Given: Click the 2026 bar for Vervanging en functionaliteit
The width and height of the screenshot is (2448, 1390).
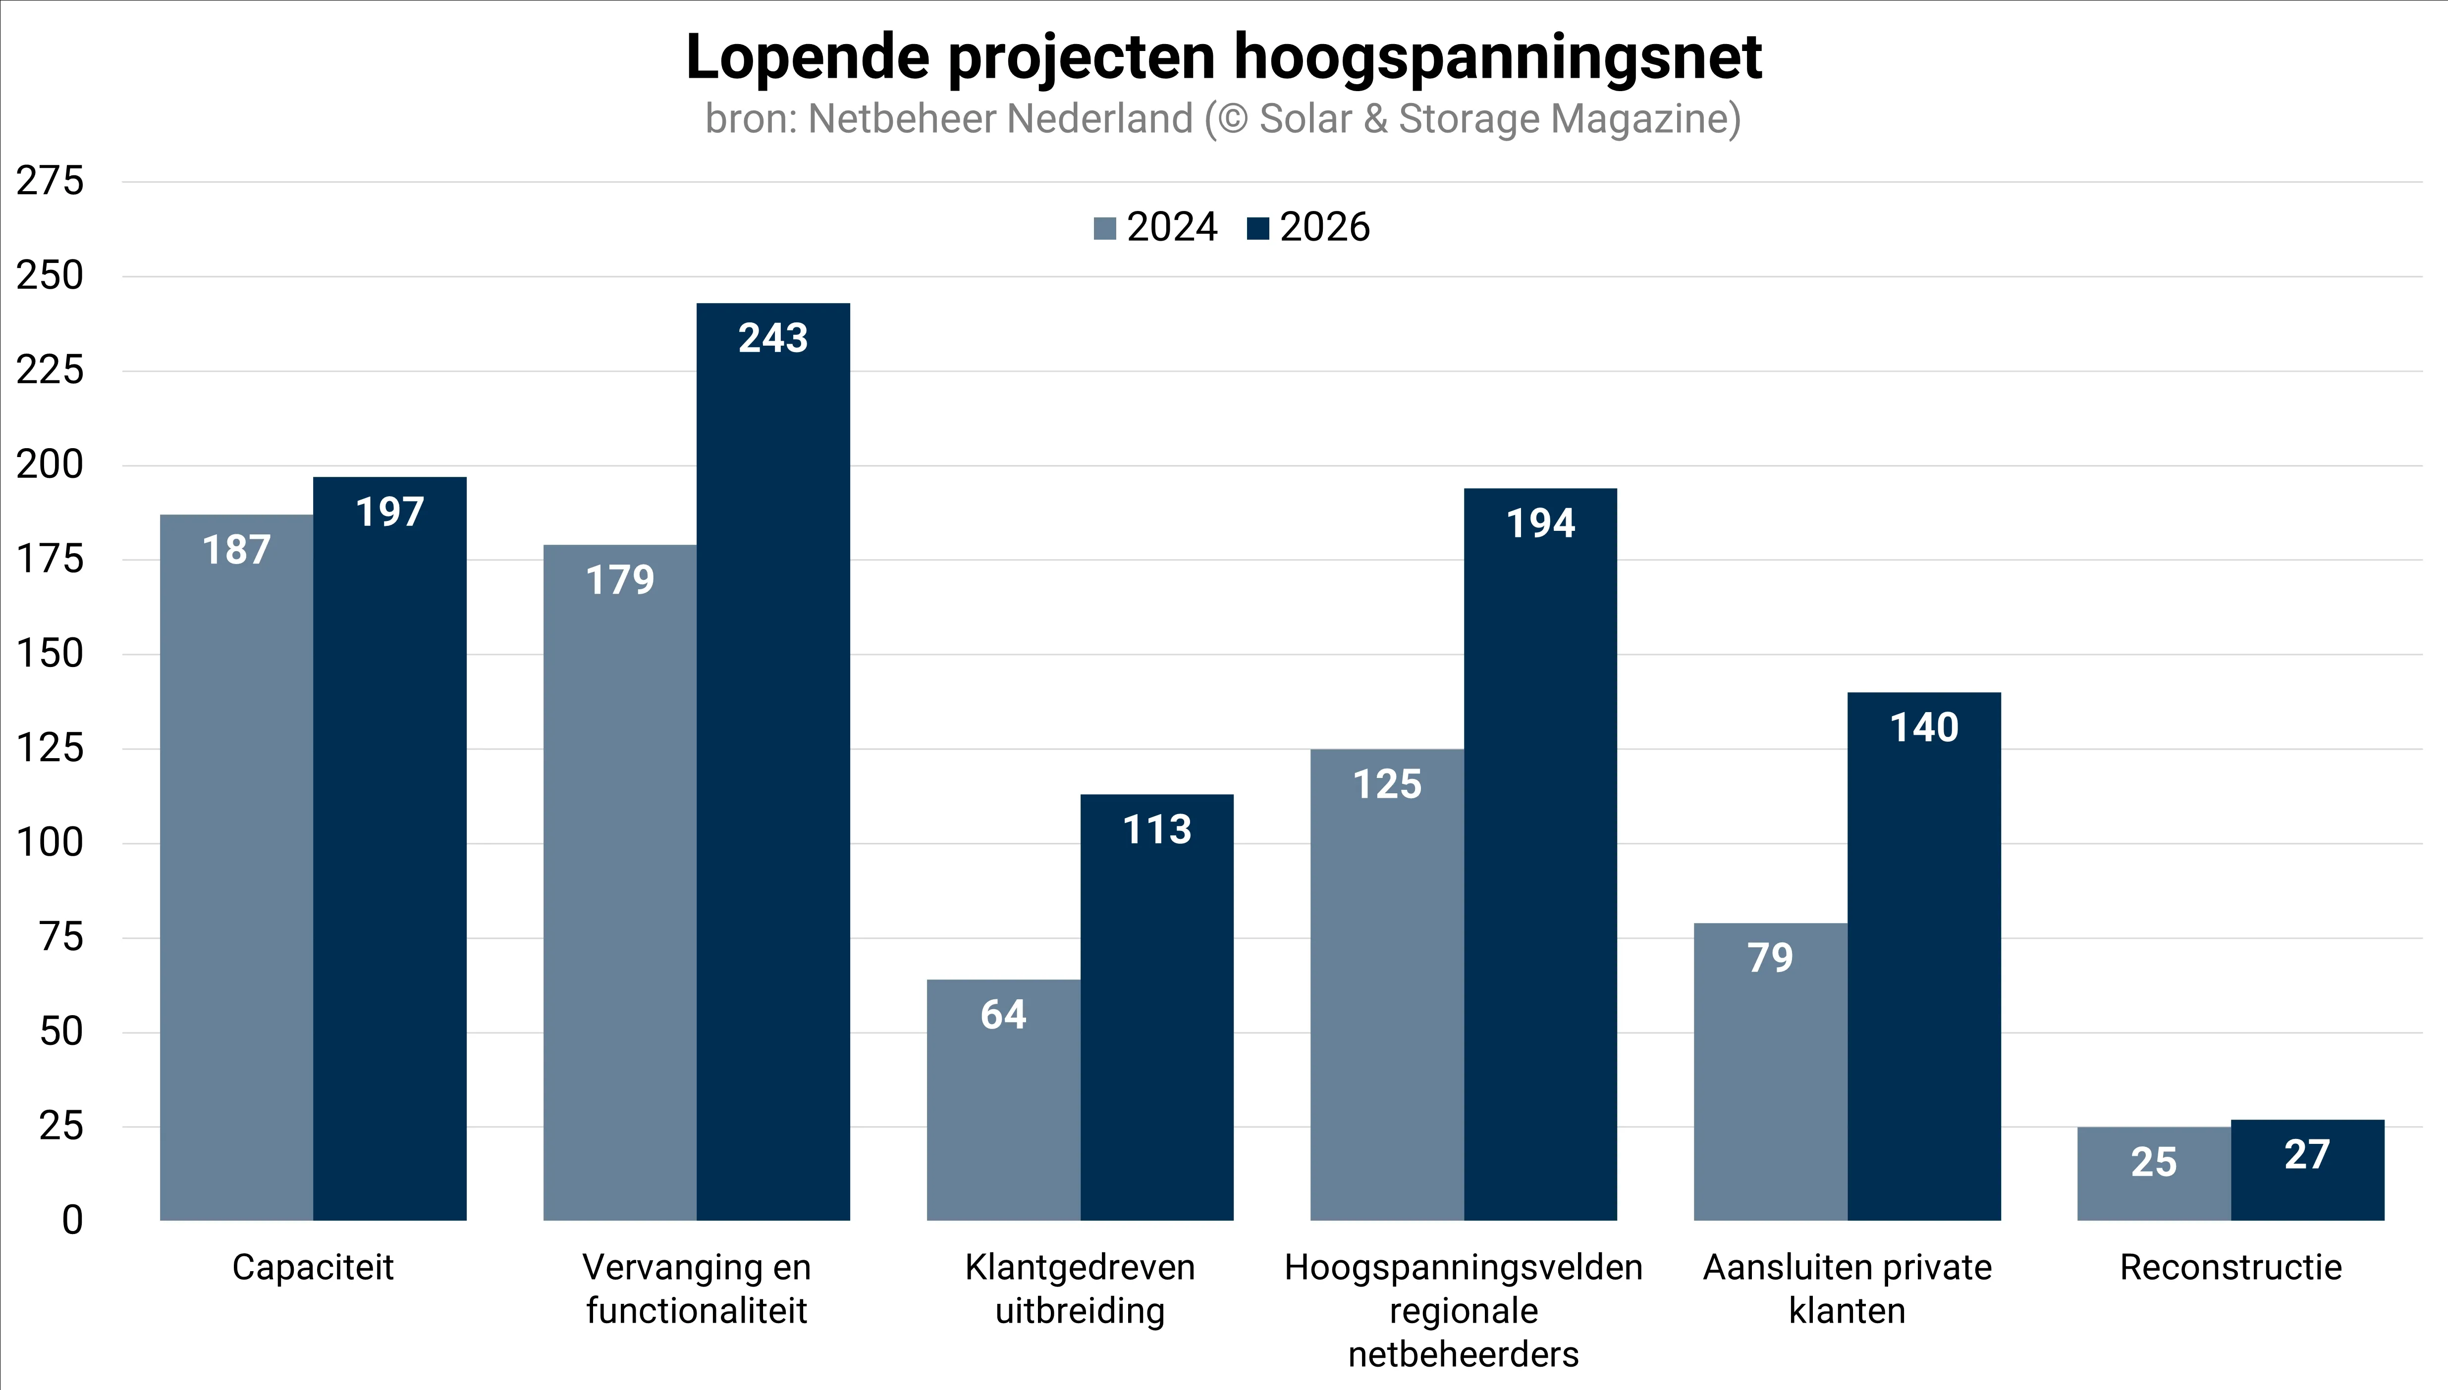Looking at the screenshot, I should pos(773,764).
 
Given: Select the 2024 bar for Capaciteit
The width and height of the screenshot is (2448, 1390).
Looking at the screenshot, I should pos(236,869).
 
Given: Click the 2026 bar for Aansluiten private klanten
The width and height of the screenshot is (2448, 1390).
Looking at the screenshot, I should pos(1924,955).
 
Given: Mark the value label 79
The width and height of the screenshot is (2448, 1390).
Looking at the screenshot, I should pos(1770,958).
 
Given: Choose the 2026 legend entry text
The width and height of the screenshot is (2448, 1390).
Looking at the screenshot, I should pos(1325,227).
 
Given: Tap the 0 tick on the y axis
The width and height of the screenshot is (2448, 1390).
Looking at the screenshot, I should pos(73,1220).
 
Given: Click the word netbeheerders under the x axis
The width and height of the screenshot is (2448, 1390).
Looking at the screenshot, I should pos(1463,1354).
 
